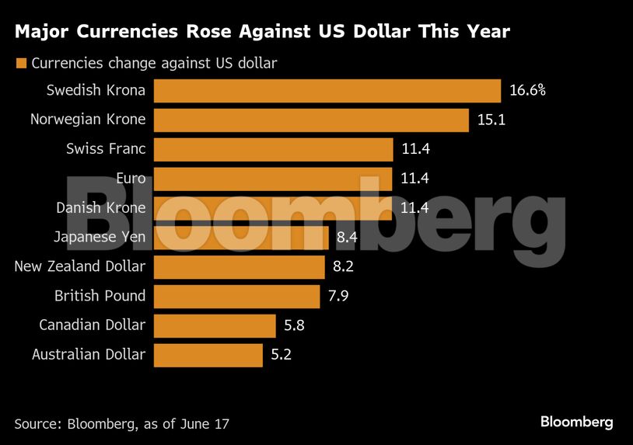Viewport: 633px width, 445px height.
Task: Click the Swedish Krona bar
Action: point(327,90)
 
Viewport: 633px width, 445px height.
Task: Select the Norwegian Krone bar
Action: point(311,120)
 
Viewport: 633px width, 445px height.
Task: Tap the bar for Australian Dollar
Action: point(208,355)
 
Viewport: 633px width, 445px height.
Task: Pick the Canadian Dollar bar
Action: point(215,325)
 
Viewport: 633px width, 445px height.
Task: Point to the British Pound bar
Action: point(236,296)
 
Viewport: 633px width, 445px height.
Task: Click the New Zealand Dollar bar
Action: point(239,267)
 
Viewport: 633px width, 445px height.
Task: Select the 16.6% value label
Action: point(527,90)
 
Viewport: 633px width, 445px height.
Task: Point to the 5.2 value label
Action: point(280,355)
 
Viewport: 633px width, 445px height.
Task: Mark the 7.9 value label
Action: point(337,296)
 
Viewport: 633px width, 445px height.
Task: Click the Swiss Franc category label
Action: point(106,148)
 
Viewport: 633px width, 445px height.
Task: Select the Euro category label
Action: point(130,179)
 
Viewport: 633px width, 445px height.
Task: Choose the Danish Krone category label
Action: point(100,208)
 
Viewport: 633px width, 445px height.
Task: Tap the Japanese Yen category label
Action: point(100,237)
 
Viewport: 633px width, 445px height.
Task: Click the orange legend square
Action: point(20,63)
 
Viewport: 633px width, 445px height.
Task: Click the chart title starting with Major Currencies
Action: point(262,32)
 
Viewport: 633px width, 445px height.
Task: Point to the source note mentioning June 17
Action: point(121,423)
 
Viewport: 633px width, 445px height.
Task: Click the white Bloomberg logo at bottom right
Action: point(576,422)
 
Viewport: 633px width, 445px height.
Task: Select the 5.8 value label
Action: point(293,325)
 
